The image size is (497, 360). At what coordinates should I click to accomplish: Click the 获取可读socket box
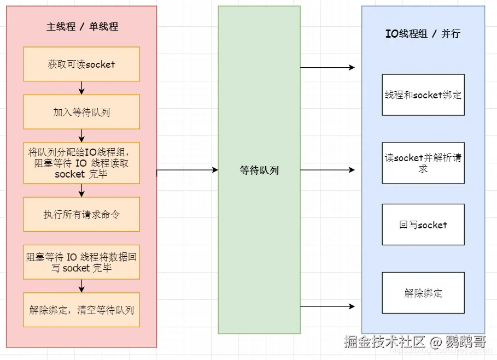[81, 64]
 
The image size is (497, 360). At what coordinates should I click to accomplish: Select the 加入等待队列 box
[81, 112]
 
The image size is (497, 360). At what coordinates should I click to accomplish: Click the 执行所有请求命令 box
[81, 214]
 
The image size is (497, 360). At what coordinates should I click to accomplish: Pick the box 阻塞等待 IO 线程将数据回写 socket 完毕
[81, 262]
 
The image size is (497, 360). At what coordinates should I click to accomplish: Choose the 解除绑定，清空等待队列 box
[81, 310]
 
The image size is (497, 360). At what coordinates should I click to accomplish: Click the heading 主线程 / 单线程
[82, 26]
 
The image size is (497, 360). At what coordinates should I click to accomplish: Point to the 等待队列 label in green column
[259, 170]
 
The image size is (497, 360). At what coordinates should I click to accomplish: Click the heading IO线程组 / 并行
[423, 33]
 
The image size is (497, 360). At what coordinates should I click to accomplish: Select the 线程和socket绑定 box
[423, 95]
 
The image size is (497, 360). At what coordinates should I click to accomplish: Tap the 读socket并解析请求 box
[423, 163]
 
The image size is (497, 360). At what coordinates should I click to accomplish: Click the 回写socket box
[423, 225]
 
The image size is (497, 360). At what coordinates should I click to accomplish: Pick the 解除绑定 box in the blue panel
[423, 293]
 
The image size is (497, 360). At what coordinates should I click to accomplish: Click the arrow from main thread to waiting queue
[188, 170]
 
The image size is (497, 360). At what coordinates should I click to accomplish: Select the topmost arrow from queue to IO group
[328, 68]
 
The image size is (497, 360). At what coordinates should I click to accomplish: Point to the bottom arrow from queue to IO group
[328, 306]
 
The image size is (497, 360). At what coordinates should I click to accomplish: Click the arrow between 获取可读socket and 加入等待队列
[81, 88]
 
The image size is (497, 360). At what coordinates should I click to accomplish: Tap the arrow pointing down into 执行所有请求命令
[81, 190]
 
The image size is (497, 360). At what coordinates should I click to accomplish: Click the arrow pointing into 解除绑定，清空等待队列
[81, 286]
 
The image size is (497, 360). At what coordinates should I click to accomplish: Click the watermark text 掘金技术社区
[385, 342]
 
